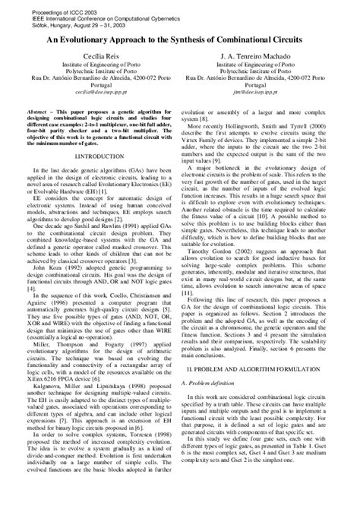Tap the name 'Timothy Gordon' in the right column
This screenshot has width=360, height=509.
point(226,226)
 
